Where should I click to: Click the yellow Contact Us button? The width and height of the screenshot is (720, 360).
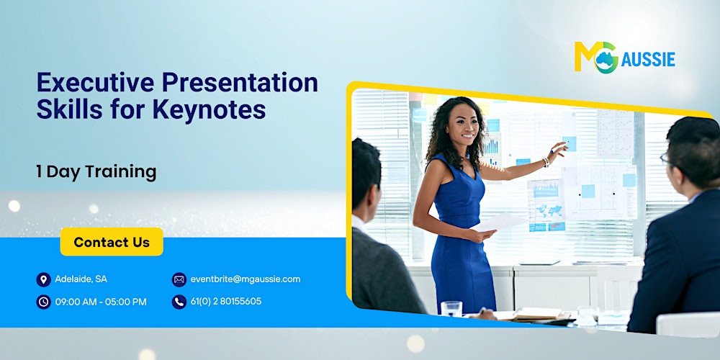click(x=112, y=242)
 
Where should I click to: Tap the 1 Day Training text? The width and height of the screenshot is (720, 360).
click(x=96, y=171)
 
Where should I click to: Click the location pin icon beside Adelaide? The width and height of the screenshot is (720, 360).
click(x=43, y=279)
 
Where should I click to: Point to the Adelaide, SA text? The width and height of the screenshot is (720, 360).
click(x=81, y=279)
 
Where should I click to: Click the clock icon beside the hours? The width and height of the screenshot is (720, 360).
click(x=43, y=302)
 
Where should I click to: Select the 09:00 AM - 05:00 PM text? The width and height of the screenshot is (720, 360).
click(x=101, y=302)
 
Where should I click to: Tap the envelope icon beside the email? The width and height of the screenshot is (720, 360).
click(x=179, y=279)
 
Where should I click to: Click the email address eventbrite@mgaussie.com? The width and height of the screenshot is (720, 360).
click(x=245, y=279)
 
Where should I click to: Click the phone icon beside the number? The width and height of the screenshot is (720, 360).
click(x=179, y=302)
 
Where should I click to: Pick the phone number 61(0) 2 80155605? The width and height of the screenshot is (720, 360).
click(x=226, y=302)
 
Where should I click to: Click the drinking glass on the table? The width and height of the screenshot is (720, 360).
click(x=451, y=308)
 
